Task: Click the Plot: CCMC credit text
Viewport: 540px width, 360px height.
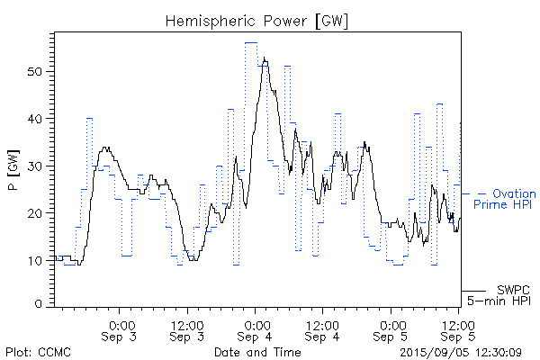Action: click(x=38, y=351)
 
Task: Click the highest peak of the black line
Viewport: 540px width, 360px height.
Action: click(x=265, y=59)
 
